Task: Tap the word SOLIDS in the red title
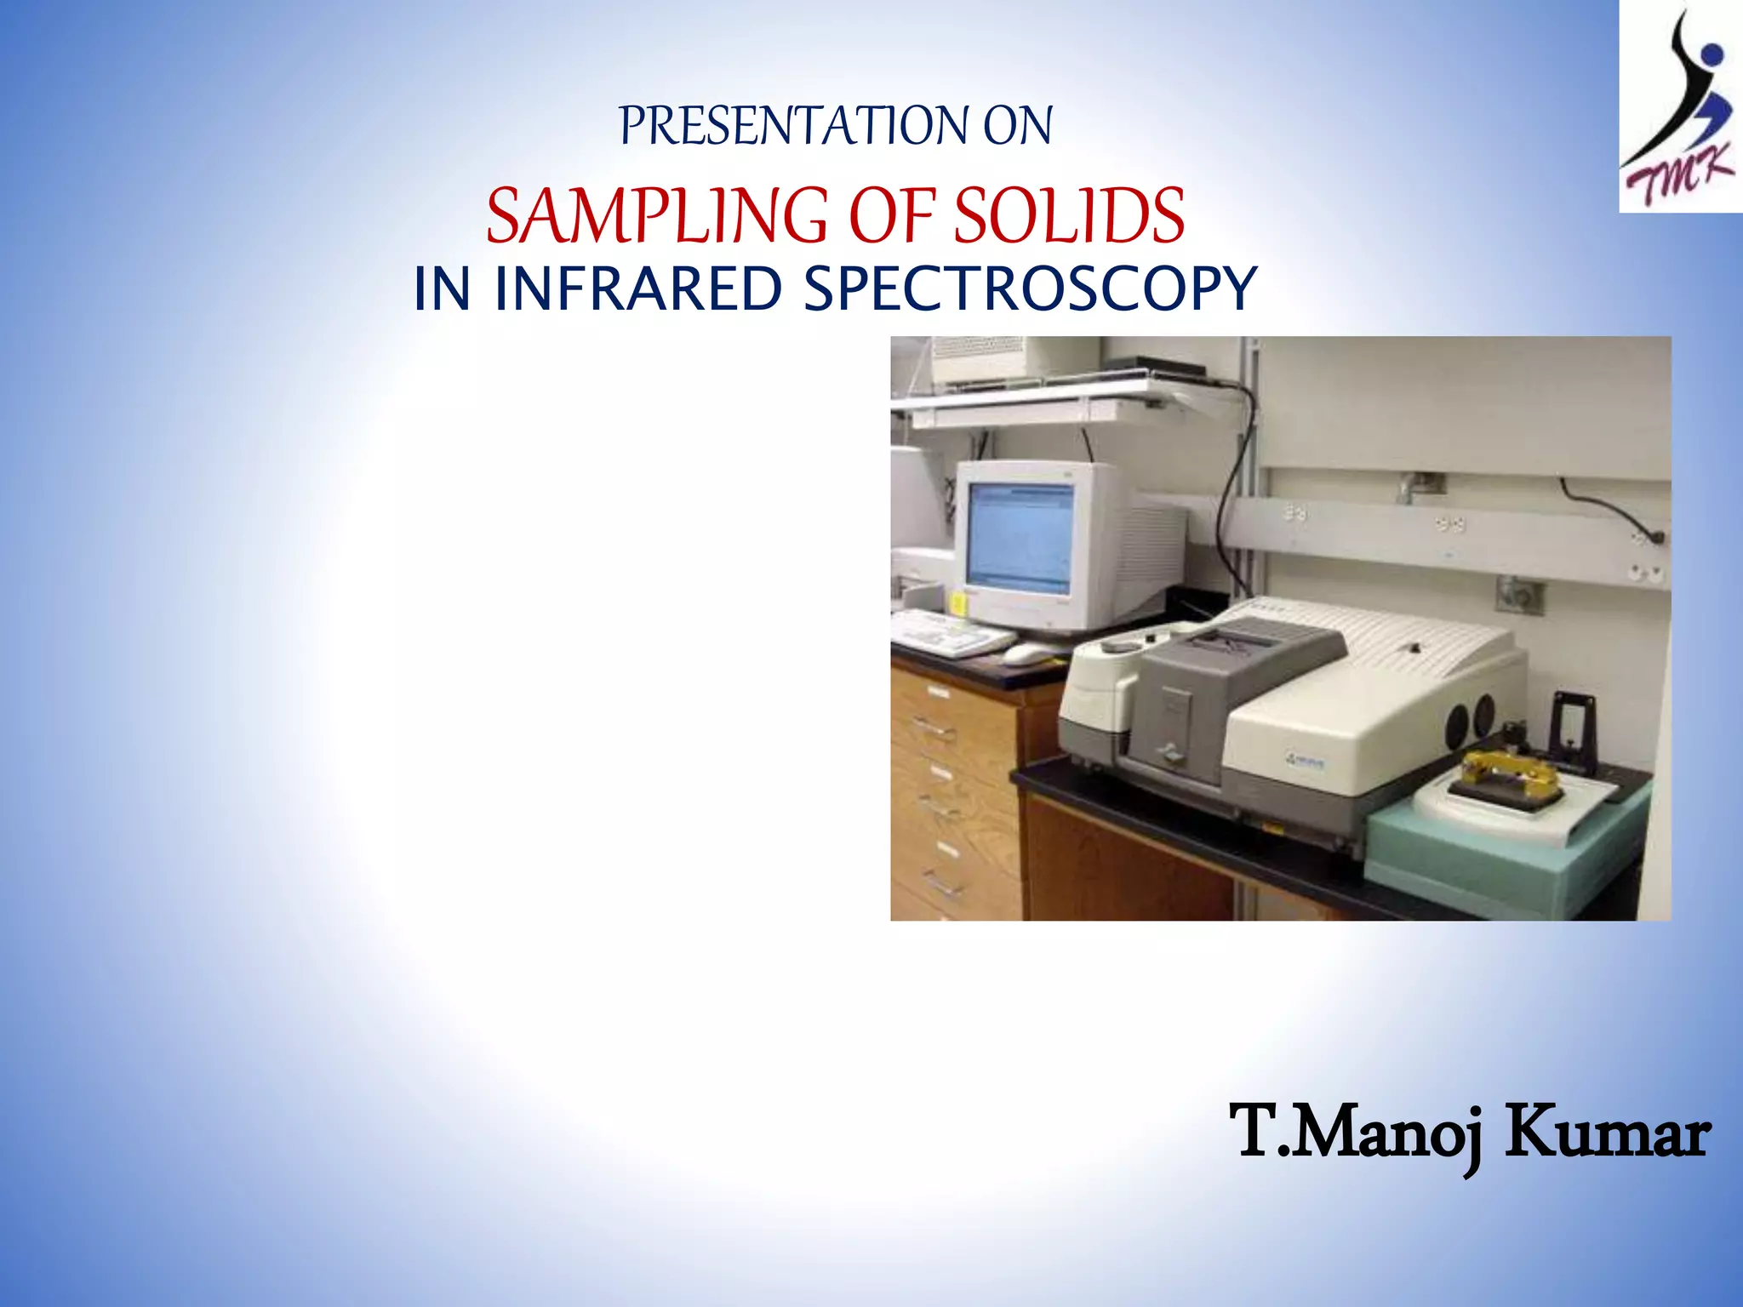click(x=1068, y=216)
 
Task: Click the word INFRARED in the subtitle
click(x=637, y=288)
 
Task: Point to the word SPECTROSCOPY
click(x=1030, y=288)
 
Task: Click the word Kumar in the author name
click(x=1606, y=1133)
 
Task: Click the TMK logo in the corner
click(x=1679, y=106)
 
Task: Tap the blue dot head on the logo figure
click(x=1711, y=56)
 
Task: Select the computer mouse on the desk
click(x=1027, y=653)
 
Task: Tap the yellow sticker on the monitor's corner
click(x=957, y=603)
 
